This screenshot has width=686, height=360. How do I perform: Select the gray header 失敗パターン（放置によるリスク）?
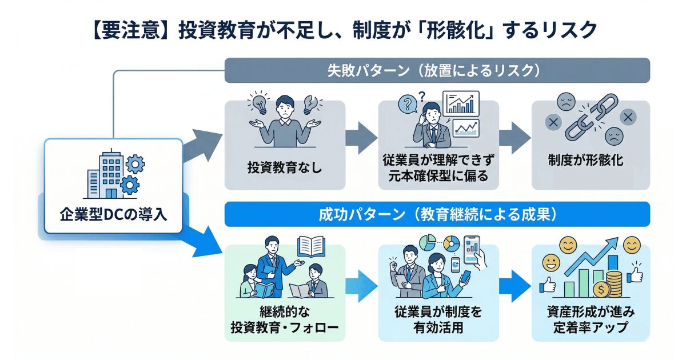tap(437, 70)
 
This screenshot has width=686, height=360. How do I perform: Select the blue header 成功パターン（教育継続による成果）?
tap(437, 215)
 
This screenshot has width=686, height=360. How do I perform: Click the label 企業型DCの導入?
tap(113, 215)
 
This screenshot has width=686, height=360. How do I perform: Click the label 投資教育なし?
tap(284, 168)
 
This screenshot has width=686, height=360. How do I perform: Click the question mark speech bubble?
tap(408, 105)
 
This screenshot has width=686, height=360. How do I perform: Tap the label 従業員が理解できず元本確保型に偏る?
tap(437, 168)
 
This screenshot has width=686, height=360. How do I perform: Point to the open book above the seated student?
tap(312, 247)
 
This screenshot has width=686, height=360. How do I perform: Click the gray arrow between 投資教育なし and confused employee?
tap(361, 138)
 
